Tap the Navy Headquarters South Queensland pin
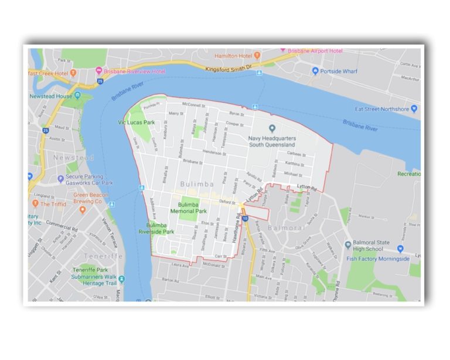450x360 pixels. coord(272,128)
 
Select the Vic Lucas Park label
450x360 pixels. coord(136,123)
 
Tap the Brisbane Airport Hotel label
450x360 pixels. coord(315,51)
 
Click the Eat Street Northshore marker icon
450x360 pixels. coord(414,108)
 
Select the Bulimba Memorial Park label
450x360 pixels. coord(188,208)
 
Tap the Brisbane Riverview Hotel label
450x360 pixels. coord(134,71)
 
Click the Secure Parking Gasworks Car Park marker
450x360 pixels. coord(61,179)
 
